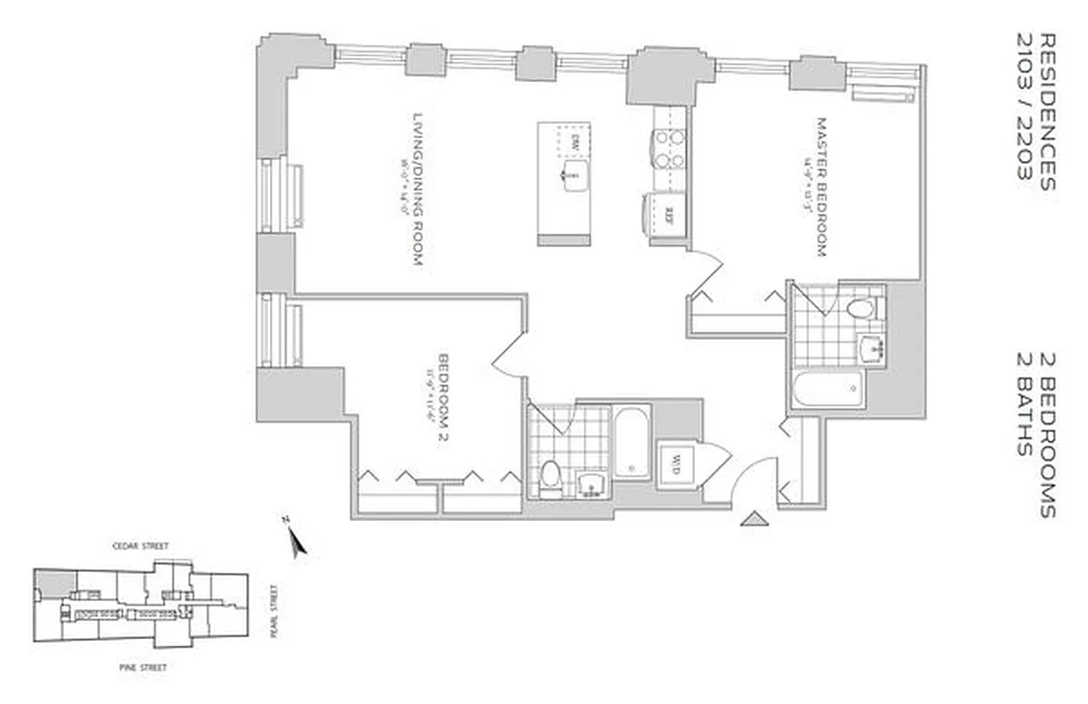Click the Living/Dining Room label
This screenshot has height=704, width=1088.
click(418, 188)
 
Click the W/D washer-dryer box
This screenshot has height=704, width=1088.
click(678, 460)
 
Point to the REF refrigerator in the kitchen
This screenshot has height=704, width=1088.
click(668, 215)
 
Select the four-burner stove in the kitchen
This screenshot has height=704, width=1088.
click(667, 149)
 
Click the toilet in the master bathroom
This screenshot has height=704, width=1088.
click(860, 309)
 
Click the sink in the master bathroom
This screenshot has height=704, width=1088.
click(873, 348)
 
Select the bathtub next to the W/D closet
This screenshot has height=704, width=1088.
click(631, 441)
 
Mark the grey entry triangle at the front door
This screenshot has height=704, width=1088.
click(755, 519)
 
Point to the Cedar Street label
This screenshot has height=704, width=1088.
click(145, 546)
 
